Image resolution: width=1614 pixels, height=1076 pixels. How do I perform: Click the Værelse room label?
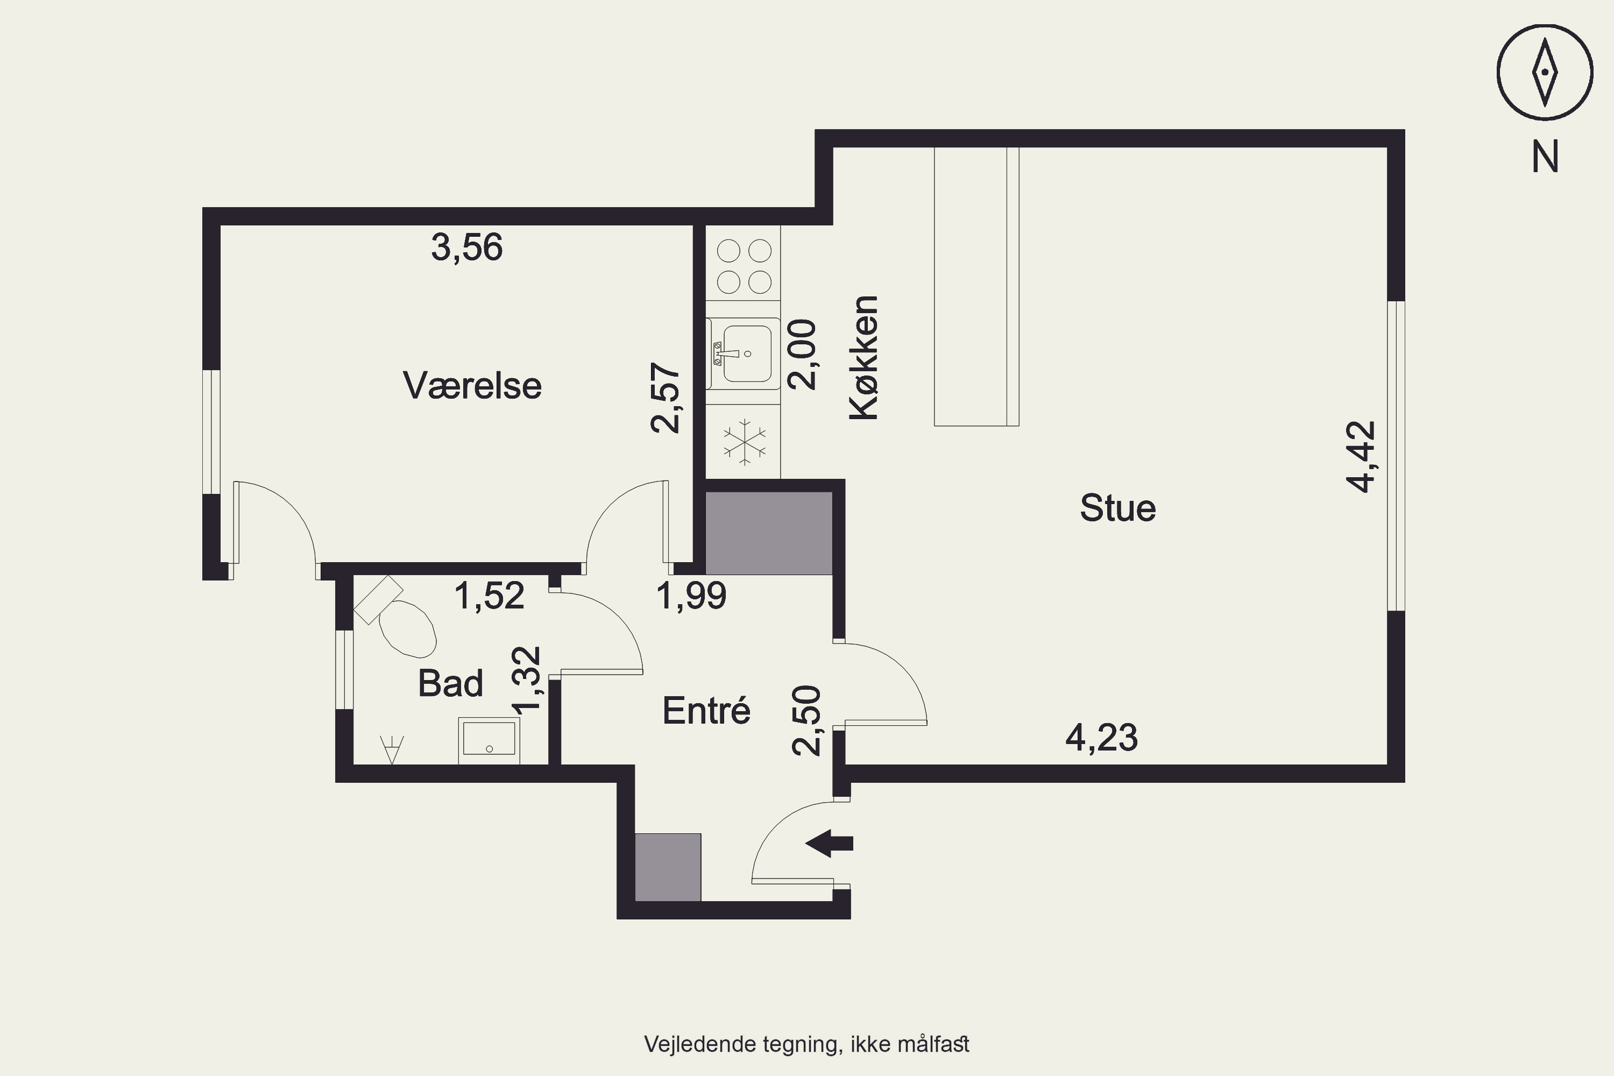pos(472,386)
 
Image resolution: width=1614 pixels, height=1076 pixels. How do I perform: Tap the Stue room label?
pos(1118,508)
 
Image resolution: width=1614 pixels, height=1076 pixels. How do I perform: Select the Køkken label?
pos(864,358)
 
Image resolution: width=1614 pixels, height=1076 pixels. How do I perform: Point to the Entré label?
pos(706,710)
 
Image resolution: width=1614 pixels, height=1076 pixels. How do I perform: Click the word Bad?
pos(450,683)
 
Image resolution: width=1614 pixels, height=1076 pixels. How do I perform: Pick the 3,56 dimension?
pos(466,247)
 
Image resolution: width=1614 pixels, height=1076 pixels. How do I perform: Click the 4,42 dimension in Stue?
pos(1361,457)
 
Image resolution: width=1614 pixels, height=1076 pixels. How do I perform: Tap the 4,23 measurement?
pos(1101,738)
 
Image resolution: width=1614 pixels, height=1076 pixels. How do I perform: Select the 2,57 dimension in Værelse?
pos(666,398)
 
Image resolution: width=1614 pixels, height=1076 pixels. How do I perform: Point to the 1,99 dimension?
pos(691,595)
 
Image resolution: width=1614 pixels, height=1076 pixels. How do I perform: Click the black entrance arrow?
pos(829,844)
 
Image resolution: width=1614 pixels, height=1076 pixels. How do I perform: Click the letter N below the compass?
pos(1545,157)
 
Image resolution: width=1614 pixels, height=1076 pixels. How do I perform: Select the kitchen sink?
pos(743,354)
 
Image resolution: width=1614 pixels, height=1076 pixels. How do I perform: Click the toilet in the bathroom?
pos(397,616)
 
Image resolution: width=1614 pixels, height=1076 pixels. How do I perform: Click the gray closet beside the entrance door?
pos(668,867)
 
